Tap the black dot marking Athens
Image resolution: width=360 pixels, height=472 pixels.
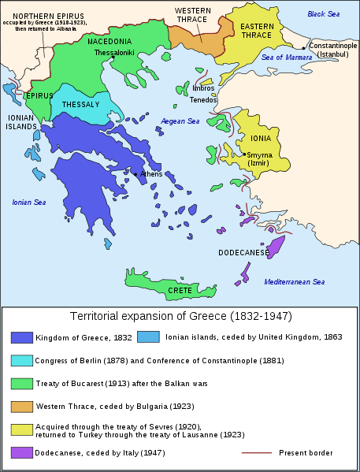135,173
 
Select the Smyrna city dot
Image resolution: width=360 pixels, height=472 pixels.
245,154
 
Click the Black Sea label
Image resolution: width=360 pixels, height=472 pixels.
324,14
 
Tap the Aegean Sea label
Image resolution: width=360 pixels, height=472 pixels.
180,121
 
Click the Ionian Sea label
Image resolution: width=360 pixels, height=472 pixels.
30,203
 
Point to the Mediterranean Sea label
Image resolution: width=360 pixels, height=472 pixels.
295,281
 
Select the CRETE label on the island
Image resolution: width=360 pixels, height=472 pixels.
179,290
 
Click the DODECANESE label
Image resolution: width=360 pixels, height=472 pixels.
243,253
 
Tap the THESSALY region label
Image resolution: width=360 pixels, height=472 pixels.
81,104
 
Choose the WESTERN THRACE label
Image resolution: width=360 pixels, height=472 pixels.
192,15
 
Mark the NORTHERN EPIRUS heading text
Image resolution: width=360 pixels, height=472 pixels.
49,15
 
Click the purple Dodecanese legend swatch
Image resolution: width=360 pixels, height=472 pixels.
22,453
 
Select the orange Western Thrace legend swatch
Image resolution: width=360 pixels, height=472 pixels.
22,407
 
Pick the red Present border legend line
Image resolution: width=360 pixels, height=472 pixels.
256,453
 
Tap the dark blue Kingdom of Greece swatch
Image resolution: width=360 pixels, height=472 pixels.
22,337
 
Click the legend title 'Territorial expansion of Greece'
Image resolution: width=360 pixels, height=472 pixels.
180,317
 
